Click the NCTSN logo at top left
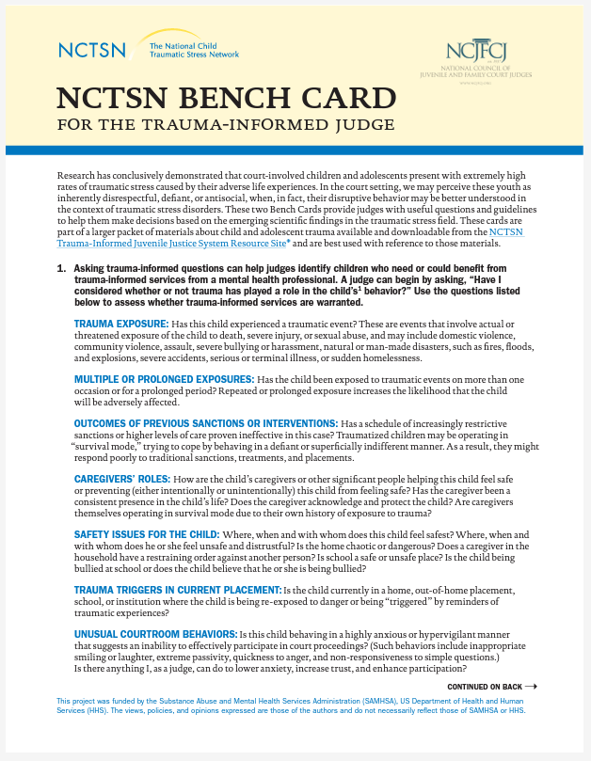(91, 49)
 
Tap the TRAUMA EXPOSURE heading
(121, 324)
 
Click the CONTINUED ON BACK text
(485, 687)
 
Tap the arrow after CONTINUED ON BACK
(531, 687)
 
